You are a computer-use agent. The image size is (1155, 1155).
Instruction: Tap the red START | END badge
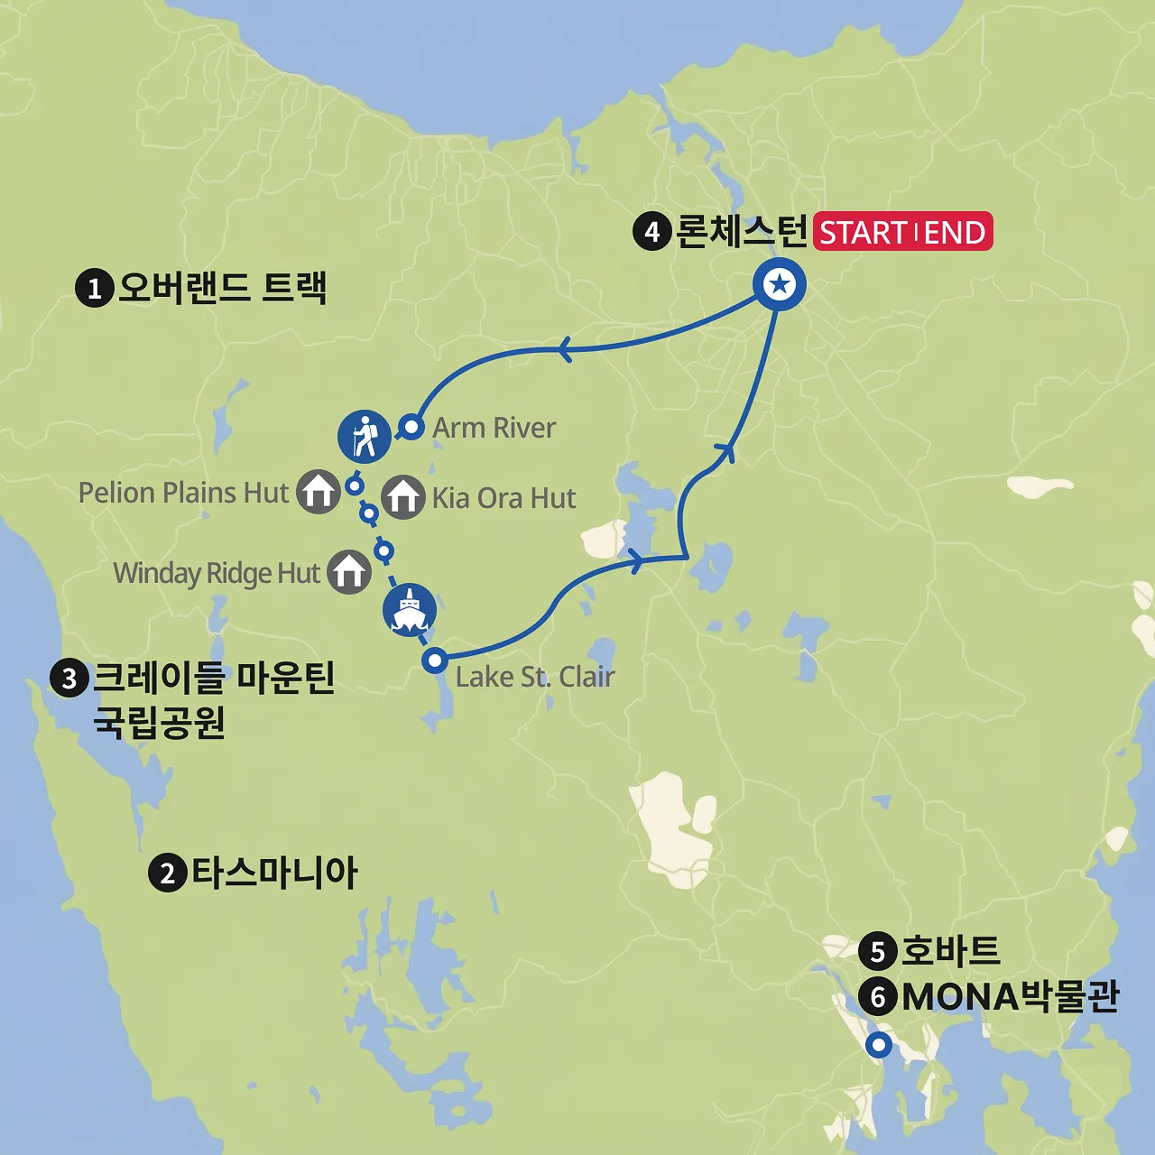[902, 232]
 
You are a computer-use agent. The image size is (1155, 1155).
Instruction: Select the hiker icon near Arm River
[365, 436]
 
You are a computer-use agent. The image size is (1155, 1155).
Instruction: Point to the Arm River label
[494, 428]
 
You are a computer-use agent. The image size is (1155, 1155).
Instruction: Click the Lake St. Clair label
[535, 677]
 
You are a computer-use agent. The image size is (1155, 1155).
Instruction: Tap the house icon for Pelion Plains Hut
[319, 492]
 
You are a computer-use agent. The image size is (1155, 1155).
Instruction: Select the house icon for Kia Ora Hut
[402, 497]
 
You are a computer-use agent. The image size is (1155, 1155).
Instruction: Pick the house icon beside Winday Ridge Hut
[349, 572]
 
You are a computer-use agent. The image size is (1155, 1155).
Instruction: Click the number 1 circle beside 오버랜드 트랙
[94, 289]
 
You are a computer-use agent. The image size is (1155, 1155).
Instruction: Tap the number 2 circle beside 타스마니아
[167, 873]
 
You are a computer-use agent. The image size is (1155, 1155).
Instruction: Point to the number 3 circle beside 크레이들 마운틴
[69, 678]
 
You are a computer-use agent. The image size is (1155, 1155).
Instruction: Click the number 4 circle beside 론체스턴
[651, 232]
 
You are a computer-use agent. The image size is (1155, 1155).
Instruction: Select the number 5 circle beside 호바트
[877, 951]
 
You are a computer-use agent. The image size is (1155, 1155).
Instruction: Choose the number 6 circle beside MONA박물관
[877, 997]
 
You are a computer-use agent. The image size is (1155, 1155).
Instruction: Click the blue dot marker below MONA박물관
[878, 1046]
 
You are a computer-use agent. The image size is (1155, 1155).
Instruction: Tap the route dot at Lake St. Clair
[435, 661]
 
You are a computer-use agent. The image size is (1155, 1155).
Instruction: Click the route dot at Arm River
[411, 426]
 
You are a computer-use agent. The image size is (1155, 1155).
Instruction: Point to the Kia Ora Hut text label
[504, 498]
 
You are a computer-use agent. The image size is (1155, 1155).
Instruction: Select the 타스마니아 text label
[274, 873]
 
